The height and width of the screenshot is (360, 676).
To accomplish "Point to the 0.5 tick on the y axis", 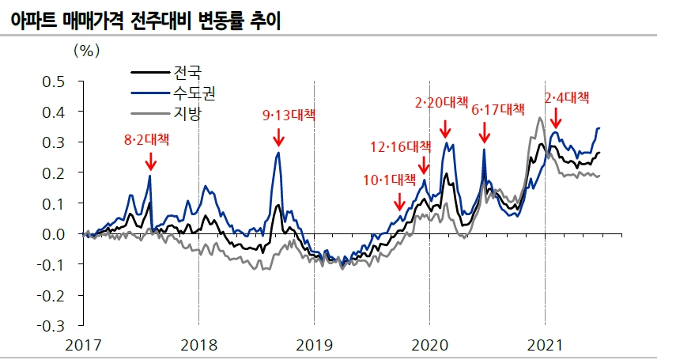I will click(53, 81).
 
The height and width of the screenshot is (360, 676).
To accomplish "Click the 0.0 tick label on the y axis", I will click(53, 234).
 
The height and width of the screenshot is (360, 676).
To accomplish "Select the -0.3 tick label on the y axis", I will click(51, 325).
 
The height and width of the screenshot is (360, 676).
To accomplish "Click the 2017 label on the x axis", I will click(83, 346).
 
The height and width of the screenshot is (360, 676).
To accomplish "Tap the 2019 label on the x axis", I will click(314, 346).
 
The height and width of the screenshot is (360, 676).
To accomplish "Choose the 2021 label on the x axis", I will click(545, 346).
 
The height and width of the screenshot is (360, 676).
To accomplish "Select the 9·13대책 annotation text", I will click(288, 115).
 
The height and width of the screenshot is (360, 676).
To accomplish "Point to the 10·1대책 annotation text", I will click(389, 180).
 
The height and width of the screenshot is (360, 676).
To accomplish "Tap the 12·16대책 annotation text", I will click(401, 146).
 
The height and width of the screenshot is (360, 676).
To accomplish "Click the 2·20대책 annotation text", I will click(442, 102).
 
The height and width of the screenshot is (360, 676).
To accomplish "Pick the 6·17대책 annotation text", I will click(498, 109).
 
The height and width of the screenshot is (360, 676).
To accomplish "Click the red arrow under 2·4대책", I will click(556, 119).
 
